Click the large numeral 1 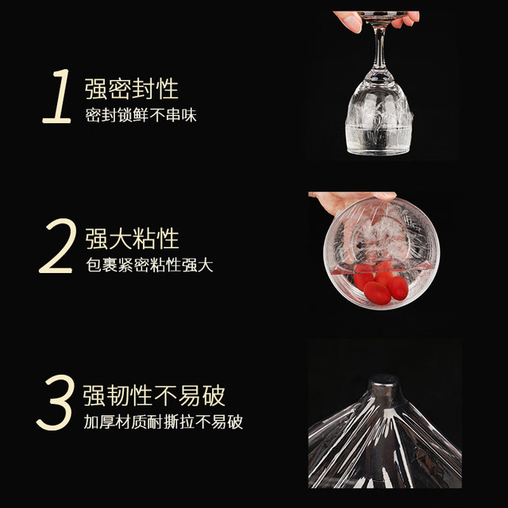pos(58,96)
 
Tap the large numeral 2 pos(56,245)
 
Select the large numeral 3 pos(55,402)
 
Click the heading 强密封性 pos(132,89)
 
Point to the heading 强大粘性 pos(133,238)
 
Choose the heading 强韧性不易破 pos(154,395)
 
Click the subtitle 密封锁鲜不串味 pos(141,115)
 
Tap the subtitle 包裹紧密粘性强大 pos(149,265)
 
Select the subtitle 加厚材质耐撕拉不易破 pos(164,421)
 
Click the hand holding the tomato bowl pos(350,202)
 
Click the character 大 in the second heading pos(120,238)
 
